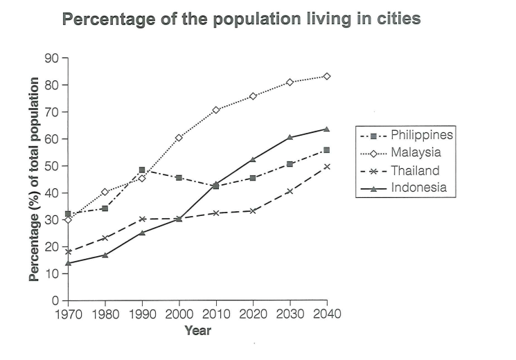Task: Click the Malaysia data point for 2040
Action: click(327, 76)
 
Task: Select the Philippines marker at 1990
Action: click(141, 170)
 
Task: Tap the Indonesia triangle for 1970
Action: click(68, 263)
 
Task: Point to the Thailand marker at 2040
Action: click(327, 166)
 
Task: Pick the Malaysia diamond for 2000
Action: click(179, 138)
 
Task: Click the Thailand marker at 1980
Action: click(105, 237)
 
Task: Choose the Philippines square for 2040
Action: click(327, 150)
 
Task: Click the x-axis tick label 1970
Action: click(68, 314)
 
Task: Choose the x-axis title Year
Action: click(197, 330)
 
